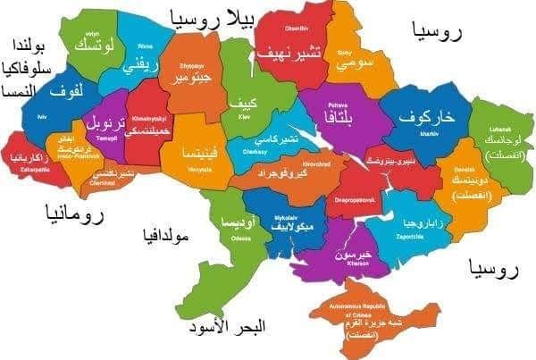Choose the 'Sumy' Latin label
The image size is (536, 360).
(x=344, y=54)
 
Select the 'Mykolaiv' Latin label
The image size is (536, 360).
(x=288, y=216)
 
